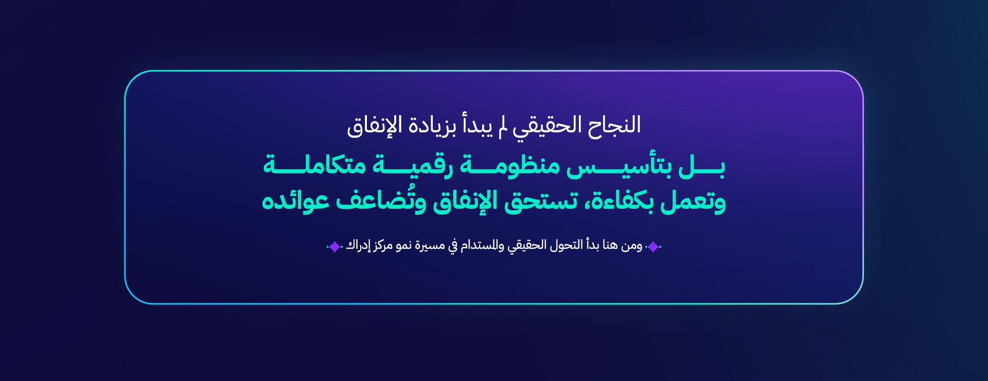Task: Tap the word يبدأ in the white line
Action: pyautogui.click(x=478, y=125)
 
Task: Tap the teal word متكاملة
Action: pyautogui.click(x=314, y=165)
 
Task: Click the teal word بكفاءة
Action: pyautogui.click(x=620, y=200)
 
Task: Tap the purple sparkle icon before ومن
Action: pyautogui.click(x=653, y=247)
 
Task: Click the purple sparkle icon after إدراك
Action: pyautogui.click(x=334, y=247)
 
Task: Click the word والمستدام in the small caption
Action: pyautogui.click(x=482, y=245)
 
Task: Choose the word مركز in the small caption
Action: pyautogui.click(x=383, y=246)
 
